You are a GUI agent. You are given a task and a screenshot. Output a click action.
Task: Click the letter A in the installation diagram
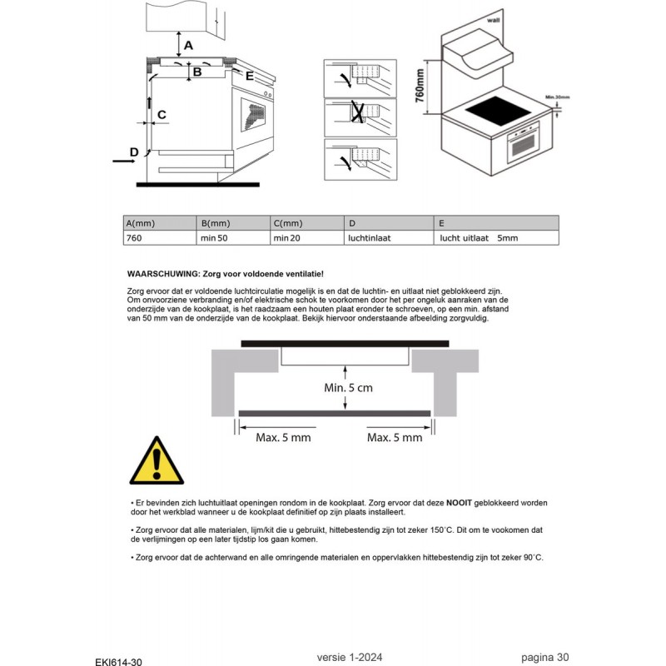(188, 44)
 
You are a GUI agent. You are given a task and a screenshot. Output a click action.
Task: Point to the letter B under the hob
(197, 72)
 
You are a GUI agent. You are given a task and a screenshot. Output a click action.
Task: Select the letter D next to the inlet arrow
(133, 152)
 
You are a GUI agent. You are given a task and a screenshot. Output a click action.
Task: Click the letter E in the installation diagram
(248, 75)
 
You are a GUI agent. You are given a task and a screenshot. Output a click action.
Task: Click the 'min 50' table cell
(233, 238)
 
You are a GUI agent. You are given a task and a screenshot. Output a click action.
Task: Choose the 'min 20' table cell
(306, 238)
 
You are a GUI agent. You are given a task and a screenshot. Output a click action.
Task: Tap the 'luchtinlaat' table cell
(389, 238)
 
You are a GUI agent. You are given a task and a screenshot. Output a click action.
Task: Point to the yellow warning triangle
(156, 461)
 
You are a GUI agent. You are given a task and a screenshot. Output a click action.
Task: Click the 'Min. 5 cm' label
(348, 388)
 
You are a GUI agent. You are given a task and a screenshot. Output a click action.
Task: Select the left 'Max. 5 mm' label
(283, 437)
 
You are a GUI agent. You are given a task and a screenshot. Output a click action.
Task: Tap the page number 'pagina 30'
(545, 657)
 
